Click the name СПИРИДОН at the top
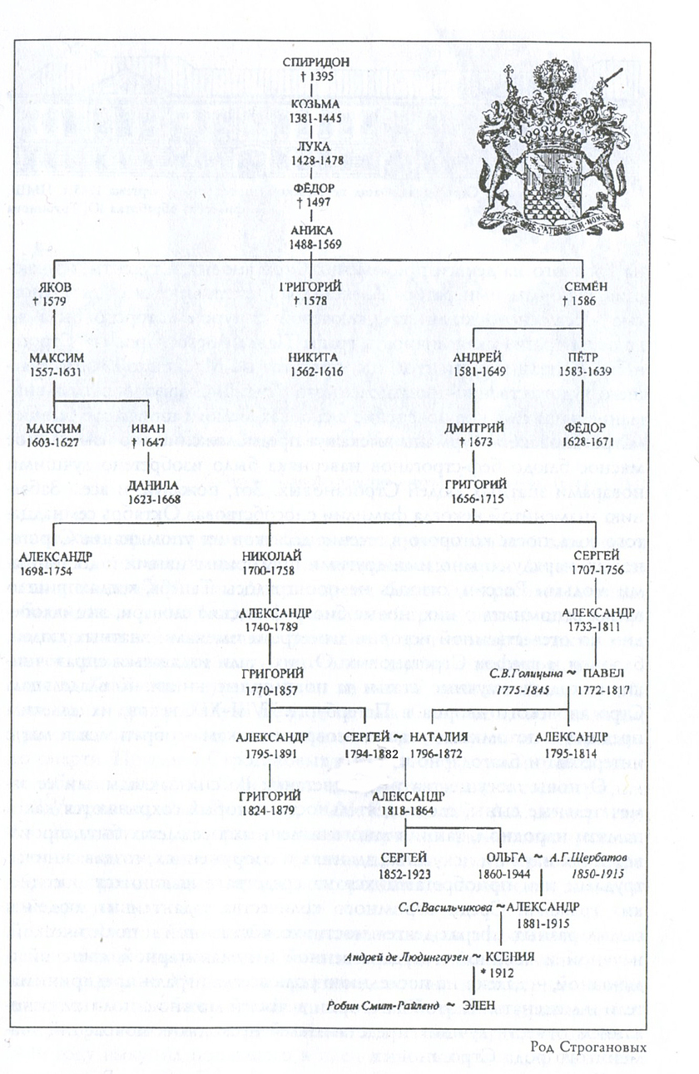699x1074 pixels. tap(310, 62)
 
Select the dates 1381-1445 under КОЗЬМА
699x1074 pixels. tap(310, 117)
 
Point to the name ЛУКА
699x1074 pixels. tap(310, 145)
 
